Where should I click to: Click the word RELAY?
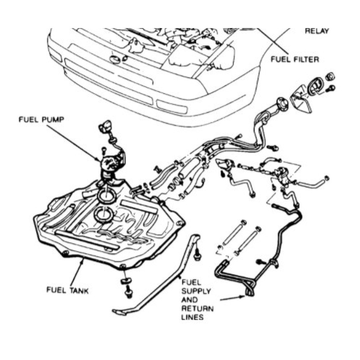click(x=317, y=31)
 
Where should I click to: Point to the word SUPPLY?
click(x=196, y=291)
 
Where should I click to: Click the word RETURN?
click(x=197, y=309)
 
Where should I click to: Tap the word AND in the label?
click(x=190, y=300)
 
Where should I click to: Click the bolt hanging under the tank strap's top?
click(x=197, y=255)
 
